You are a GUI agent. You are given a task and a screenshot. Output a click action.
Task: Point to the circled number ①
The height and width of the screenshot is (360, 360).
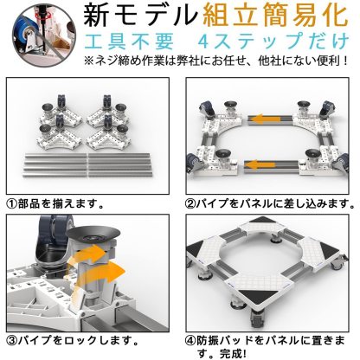tap(11, 205)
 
